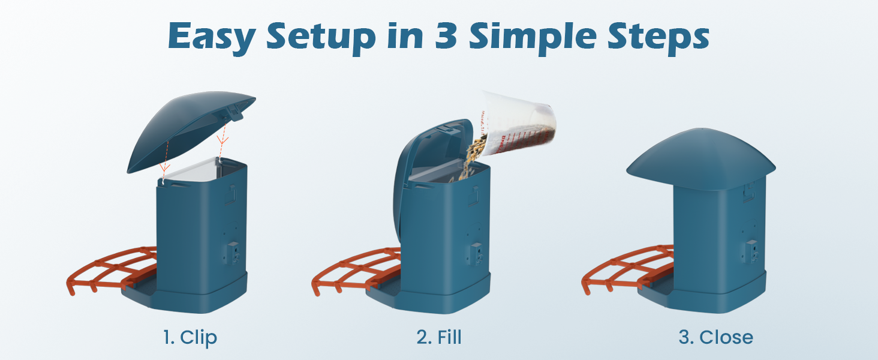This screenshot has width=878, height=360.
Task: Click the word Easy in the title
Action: pyautogui.click(x=212, y=37)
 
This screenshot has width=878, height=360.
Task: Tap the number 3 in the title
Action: pyautogui.click(x=446, y=36)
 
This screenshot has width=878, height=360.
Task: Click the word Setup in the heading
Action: pyautogui.click(x=321, y=38)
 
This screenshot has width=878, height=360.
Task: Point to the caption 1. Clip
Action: pyautogui.click(x=190, y=338)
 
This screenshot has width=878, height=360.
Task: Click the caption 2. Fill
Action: pyautogui.click(x=439, y=337)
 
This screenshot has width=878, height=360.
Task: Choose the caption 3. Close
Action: pyautogui.click(x=715, y=337)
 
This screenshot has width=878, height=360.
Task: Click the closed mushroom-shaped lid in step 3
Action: pyautogui.click(x=701, y=159)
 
